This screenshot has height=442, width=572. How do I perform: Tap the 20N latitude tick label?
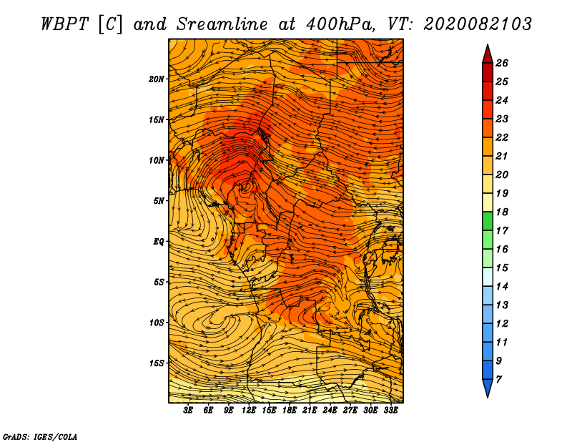tap(157, 79)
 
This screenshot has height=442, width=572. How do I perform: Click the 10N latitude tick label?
tap(157, 160)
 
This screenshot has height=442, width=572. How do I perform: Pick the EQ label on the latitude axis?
tap(159, 242)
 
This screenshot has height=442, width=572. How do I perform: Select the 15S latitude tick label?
tap(157, 363)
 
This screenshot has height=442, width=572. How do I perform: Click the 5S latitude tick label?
tap(159, 282)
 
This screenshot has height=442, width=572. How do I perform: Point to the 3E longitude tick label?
tap(188, 411)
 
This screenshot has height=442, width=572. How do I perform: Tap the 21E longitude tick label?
tap(310, 411)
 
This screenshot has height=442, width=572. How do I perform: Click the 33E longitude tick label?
tap(390, 411)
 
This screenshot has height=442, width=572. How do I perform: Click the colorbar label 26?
tap(512, 63)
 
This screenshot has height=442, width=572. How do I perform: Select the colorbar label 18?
tap(512, 212)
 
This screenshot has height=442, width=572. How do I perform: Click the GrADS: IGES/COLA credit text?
tap(40, 436)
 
